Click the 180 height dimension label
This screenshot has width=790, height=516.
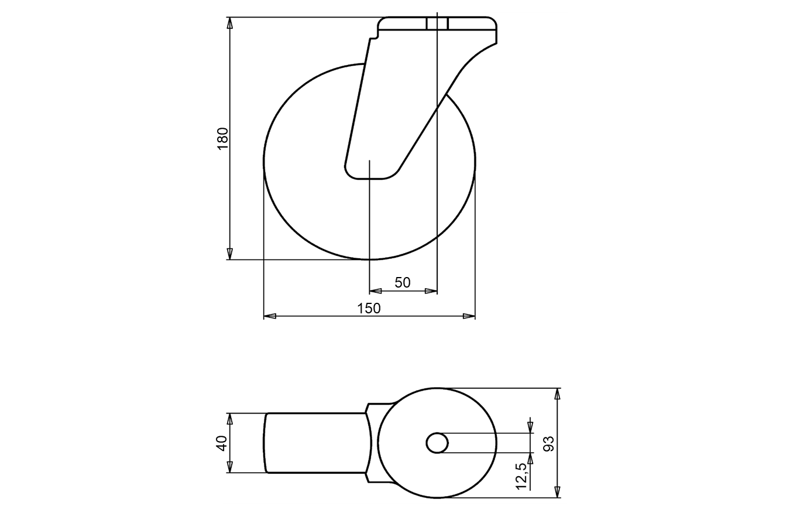point(223,139)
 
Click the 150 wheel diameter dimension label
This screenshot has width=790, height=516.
point(369,309)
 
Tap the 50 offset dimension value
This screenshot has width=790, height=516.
point(403,283)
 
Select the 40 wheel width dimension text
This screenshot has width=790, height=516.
point(221,443)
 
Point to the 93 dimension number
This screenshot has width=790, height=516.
point(549,443)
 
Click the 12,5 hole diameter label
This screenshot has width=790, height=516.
point(521,476)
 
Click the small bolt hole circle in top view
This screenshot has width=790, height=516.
point(437,443)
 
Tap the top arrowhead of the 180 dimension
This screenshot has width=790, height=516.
point(229,23)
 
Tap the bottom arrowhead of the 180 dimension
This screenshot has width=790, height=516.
point(229,254)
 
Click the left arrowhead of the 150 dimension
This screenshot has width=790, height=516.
point(270,316)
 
